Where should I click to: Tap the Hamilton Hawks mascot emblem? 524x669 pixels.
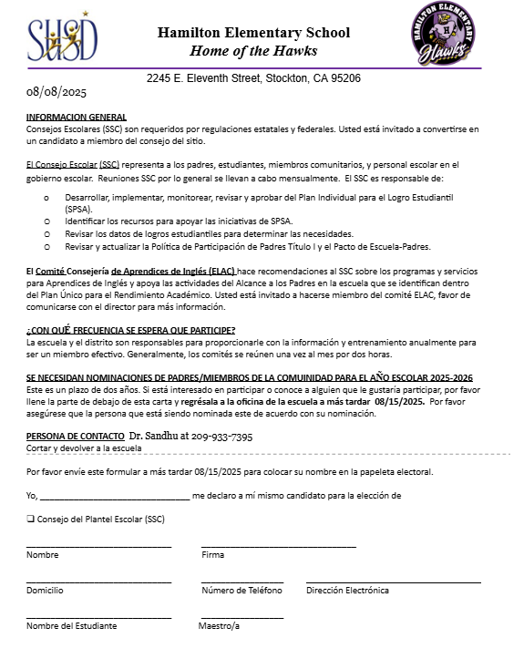point(442,35)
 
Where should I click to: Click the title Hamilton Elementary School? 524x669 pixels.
point(253,33)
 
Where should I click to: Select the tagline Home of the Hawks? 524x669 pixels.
point(252,50)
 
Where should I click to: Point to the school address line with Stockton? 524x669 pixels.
point(253,78)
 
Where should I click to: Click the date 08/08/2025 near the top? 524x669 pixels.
point(57,92)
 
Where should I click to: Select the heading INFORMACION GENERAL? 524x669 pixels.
point(77,118)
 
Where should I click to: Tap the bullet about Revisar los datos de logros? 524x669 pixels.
point(209,234)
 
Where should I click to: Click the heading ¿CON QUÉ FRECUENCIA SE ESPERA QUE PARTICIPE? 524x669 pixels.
point(131,329)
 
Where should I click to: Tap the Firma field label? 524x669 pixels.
point(212,554)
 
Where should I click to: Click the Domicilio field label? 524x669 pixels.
point(45,591)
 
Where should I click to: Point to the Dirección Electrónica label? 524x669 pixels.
point(347,591)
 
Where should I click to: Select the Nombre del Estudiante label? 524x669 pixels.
point(71,626)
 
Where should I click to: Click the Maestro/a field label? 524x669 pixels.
point(219,626)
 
